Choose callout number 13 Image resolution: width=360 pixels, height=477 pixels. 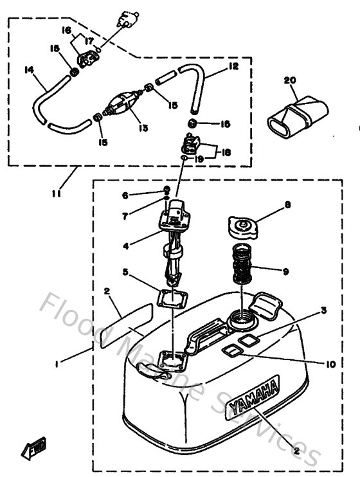tap(143, 128)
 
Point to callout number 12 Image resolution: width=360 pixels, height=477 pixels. tap(233, 67)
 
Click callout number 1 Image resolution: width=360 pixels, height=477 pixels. tap(57, 364)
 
